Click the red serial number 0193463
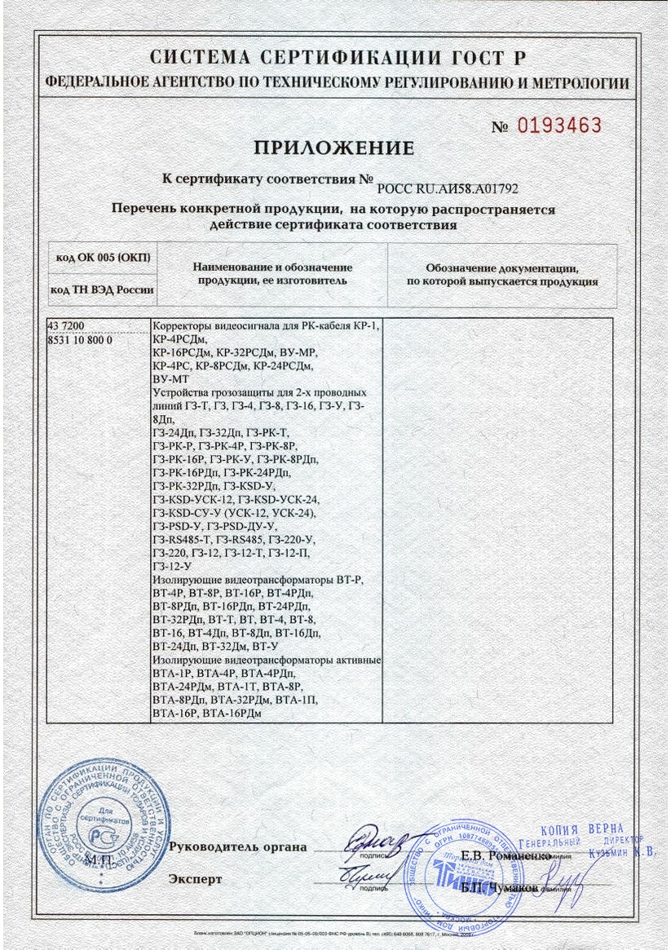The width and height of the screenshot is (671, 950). pyautogui.click(x=559, y=126)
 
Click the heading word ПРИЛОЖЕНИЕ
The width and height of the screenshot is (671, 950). pyautogui.click(x=334, y=148)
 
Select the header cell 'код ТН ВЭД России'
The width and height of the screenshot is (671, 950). pyautogui.click(x=102, y=289)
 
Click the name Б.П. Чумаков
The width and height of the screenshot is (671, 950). pyautogui.click(x=500, y=887)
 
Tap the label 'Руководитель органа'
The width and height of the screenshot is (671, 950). pyautogui.click(x=237, y=846)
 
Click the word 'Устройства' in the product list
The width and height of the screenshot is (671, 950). pyautogui.click(x=180, y=392)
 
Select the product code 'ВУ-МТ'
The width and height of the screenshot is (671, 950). pyautogui.click(x=171, y=379)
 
